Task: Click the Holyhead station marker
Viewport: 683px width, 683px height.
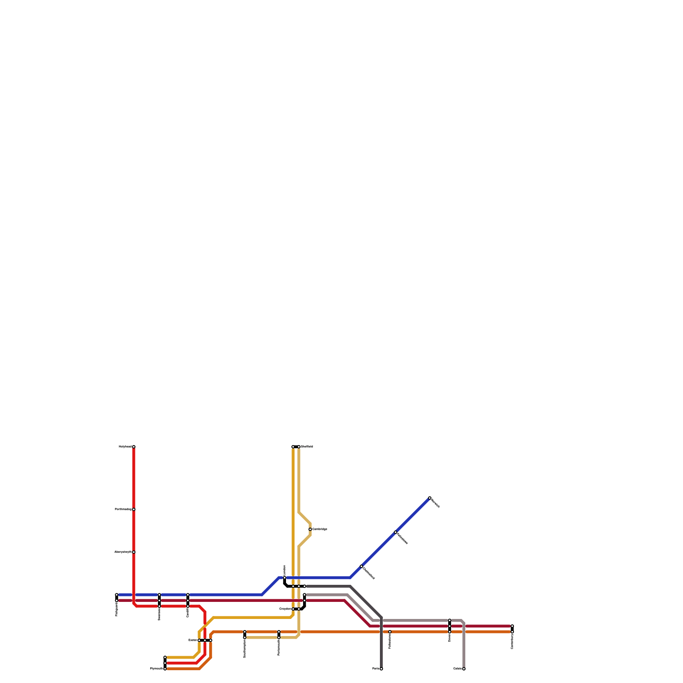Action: [x=134, y=447]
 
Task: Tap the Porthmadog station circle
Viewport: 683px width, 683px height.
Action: [x=134, y=509]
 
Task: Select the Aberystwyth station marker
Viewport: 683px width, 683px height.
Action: [x=134, y=552]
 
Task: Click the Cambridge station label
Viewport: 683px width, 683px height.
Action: [x=320, y=529]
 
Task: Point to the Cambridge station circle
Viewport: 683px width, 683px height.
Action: [x=310, y=529]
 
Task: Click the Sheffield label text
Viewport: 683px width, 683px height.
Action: [x=307, y=447]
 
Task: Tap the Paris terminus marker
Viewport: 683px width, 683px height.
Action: [x=381, y=669]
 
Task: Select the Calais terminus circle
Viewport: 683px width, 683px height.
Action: [x=464, y=669]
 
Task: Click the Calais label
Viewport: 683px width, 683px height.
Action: [x=457, y=669]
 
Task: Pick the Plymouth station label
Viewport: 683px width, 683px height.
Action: [x=156, y=669]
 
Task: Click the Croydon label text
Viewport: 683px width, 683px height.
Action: [x=285, y=609]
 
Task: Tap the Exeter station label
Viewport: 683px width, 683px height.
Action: [x=193, y=640]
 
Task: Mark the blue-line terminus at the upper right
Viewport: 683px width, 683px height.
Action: [x=429, y=498]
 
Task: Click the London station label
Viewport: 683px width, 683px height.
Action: [x=285, y=570]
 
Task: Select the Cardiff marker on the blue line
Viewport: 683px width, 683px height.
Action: [x=188, y=595]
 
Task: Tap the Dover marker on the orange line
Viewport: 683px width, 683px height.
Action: [x=449, y=632]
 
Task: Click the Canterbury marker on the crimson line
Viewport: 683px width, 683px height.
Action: [x=512, y=626]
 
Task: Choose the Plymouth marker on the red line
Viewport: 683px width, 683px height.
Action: [x=165, y=663]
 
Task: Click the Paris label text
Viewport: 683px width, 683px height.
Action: [x=376, y=669]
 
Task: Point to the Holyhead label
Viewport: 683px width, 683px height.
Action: [x=125, y=447]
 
